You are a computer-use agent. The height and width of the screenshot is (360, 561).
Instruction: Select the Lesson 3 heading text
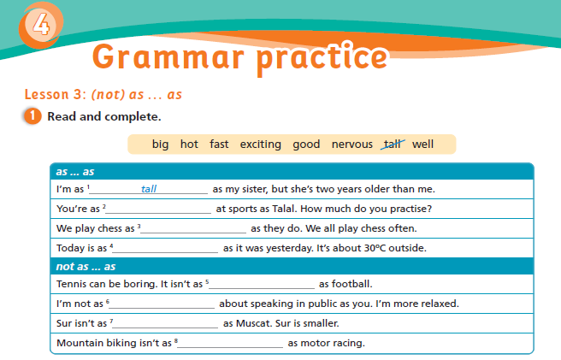click(x=103, y=94)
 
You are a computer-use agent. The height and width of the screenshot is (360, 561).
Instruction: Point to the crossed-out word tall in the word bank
click(x=393, y=144)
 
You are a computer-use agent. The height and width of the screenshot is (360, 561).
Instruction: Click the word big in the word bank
click(x=160, y=144)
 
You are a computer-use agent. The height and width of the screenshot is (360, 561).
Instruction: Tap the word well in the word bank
click(x=423, y=144)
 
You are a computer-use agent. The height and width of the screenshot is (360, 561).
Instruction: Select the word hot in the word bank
click(x=189, y=144)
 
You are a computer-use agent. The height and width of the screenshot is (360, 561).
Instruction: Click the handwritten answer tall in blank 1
click(x=149, y=189)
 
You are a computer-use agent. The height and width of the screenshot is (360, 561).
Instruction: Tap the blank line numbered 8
click(x=231, y=345)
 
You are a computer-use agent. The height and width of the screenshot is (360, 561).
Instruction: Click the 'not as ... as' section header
click(x=86, y=266)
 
